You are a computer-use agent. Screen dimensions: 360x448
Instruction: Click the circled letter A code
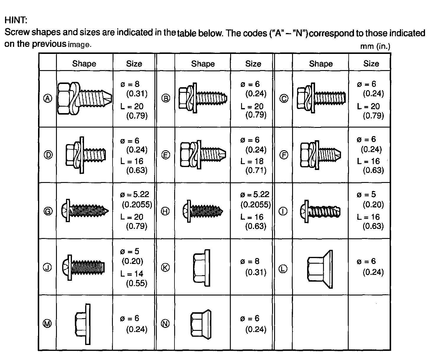tap(48, 99)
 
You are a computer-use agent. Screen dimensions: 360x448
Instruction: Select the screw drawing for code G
tap(85, 211)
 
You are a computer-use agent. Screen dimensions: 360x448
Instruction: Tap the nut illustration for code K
tap(202, 268)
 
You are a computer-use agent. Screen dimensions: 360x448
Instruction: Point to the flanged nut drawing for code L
tap(320, 269)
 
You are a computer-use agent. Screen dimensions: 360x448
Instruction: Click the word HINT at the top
tap(16, 20)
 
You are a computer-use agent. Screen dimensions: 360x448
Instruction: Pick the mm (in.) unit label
tap(375, 47)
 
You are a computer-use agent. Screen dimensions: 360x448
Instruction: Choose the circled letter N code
tap(166, 323)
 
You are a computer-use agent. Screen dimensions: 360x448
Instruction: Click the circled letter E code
tap(166, 155)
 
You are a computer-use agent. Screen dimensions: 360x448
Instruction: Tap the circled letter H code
tap(166, 211)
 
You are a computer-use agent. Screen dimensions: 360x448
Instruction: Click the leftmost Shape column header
tap(84, 64)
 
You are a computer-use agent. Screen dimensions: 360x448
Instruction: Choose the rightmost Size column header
tap(371, 64)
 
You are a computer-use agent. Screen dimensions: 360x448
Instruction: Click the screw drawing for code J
tap(84, 267)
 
